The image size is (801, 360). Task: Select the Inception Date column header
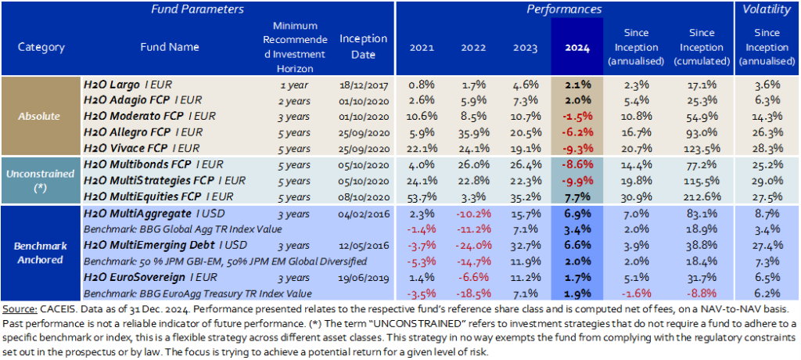click(x=363, y=47)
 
